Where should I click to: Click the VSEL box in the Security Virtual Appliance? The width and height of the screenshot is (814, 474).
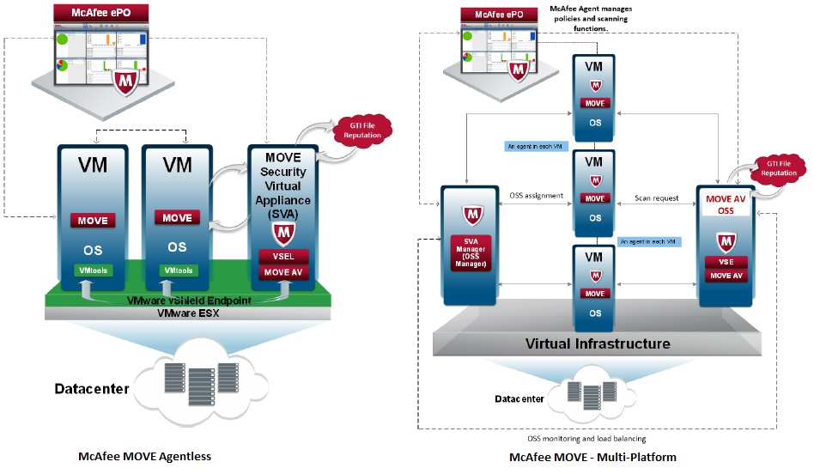pos(282,256)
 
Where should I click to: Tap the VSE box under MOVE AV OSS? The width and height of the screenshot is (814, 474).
pos(726,262)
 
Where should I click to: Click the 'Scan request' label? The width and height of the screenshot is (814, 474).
pos(656,198)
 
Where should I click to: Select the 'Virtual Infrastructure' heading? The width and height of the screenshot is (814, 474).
pos(598,343)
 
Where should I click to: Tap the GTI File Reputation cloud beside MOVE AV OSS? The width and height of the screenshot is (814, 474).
pos(778,168)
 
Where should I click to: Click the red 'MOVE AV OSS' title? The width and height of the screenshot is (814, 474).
pos(726,204)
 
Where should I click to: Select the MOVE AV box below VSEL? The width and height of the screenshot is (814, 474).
pos(282,273)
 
